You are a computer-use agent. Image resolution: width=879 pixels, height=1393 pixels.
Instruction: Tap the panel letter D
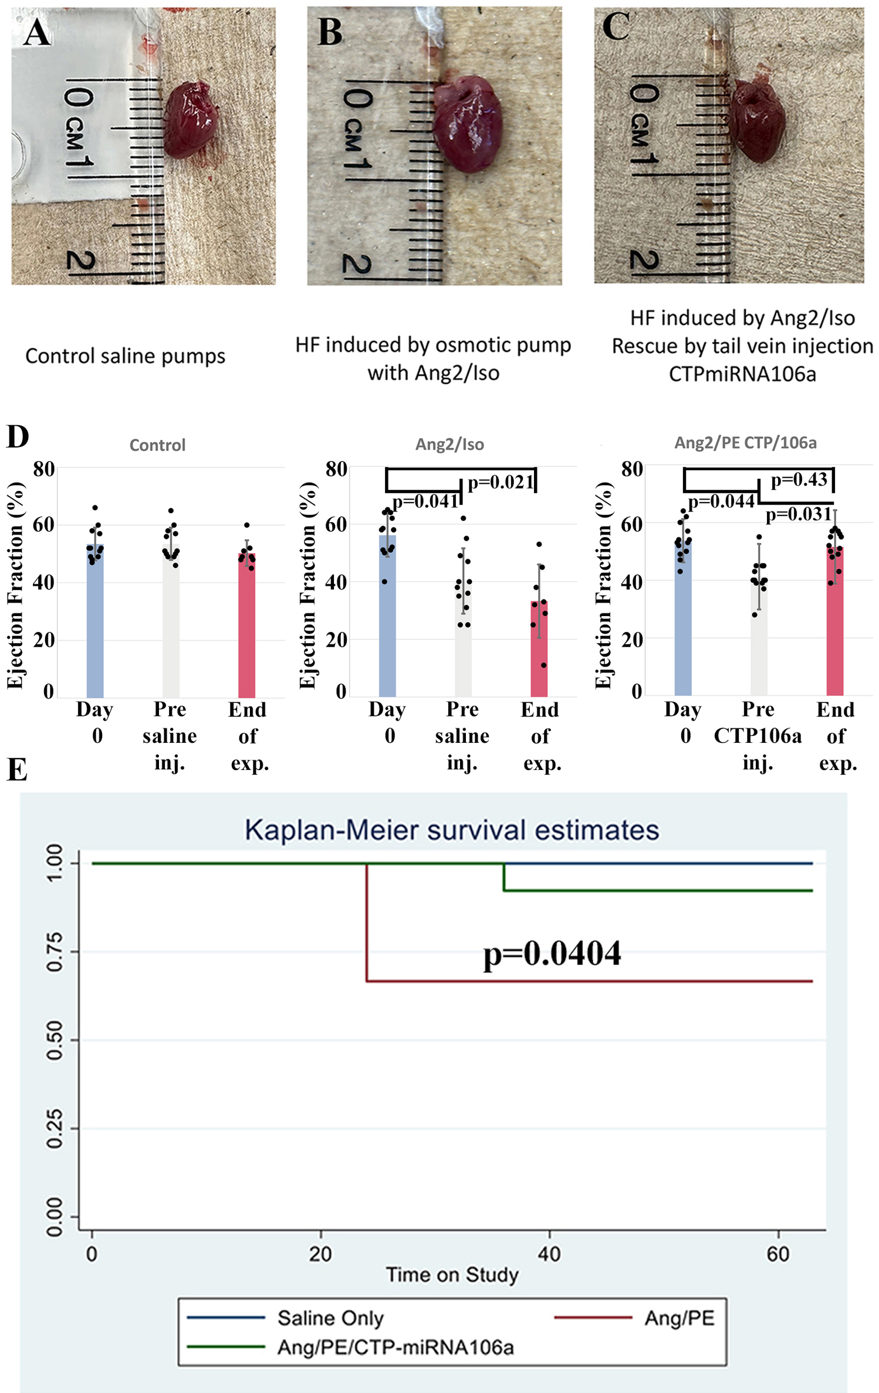point(17,437)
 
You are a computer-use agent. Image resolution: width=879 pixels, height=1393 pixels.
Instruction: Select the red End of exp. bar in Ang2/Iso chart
point(539,648)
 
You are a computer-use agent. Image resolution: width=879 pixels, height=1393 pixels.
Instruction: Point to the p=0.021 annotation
point(500,483)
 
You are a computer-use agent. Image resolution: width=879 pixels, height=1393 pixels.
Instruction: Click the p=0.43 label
point(799,480)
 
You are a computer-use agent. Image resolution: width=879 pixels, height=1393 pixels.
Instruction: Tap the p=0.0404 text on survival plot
point(552,953)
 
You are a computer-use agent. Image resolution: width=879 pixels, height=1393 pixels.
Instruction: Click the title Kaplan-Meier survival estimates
point(452,830)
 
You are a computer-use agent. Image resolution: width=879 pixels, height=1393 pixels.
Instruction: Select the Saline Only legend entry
point(330,1318)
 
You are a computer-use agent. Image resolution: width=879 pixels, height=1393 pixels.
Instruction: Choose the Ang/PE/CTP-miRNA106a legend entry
point(395,1347)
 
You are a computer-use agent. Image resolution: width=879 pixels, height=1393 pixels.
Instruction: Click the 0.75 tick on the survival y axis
point(55,951)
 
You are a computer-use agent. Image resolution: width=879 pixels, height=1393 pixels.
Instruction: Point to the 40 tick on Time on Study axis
point(549,1254)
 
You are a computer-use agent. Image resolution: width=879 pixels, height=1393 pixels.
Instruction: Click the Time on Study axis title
point(452,1275)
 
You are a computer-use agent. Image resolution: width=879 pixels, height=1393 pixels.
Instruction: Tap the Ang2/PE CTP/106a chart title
point(745,443)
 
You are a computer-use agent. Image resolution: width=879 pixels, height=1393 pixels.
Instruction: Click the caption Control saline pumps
point(125,356)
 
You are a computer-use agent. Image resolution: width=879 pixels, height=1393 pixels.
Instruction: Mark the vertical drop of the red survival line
point(367,922)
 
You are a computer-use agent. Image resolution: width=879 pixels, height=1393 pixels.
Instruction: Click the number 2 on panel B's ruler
point(356,264)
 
